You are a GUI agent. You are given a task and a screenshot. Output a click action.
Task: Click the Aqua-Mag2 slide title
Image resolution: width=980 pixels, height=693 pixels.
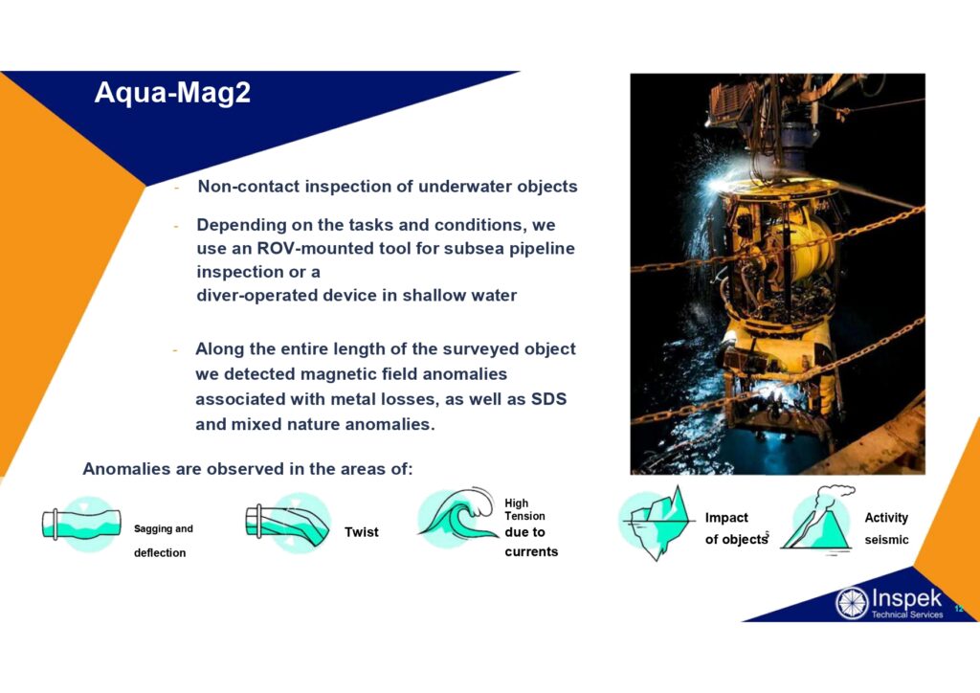(172, 93)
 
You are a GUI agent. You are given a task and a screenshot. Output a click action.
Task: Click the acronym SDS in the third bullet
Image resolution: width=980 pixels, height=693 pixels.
(548, 399)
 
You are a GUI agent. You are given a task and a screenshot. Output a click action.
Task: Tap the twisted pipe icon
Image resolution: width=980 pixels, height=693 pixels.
(288, 523)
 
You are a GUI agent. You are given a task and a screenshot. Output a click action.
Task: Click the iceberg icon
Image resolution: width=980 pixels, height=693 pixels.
(657, 523)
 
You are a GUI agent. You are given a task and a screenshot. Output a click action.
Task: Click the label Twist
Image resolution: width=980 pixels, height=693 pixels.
(361, 532)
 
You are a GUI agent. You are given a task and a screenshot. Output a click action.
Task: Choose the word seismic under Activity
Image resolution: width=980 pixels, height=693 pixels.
(886, 539)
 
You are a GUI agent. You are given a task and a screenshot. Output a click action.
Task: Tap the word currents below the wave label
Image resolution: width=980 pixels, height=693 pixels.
(531, 551)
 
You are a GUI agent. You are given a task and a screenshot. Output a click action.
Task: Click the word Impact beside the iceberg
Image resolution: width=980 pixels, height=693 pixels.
(726, 518)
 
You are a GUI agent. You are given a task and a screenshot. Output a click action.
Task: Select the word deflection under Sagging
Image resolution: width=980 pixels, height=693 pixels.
(160, 553)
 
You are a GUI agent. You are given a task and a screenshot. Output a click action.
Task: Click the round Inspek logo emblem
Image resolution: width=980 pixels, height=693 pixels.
(852, 603)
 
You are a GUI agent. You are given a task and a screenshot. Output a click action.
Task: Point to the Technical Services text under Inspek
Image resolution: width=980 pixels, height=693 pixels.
(907, 615)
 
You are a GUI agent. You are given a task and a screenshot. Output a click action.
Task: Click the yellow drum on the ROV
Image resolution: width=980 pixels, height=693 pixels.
(806, 250)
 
